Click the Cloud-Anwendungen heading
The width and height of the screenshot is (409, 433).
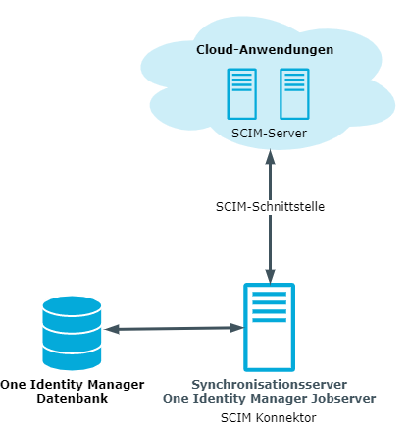[265, 50]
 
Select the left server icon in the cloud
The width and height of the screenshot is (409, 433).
[242, 94]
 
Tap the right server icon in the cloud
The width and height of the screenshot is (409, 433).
[294, 94]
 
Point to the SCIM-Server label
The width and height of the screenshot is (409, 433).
[269, 134]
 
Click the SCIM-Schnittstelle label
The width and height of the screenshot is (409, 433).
[270, 207]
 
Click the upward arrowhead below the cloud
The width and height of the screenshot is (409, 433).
[270, 157]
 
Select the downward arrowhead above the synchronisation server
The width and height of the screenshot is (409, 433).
[270, 277]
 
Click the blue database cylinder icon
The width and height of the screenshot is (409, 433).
[72, 333]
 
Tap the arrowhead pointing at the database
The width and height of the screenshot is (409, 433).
[112, 329]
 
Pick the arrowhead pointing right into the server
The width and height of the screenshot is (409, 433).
[236, 328]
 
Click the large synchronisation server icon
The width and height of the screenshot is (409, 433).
[270, 327]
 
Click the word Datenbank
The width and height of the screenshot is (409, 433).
[73, 399]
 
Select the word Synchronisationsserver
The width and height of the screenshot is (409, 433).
[270, 384]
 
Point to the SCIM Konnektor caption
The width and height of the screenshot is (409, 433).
[269, 418]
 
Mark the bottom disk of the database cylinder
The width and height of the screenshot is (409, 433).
[72, 358]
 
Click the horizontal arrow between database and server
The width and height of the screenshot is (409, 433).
[174, 328]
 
